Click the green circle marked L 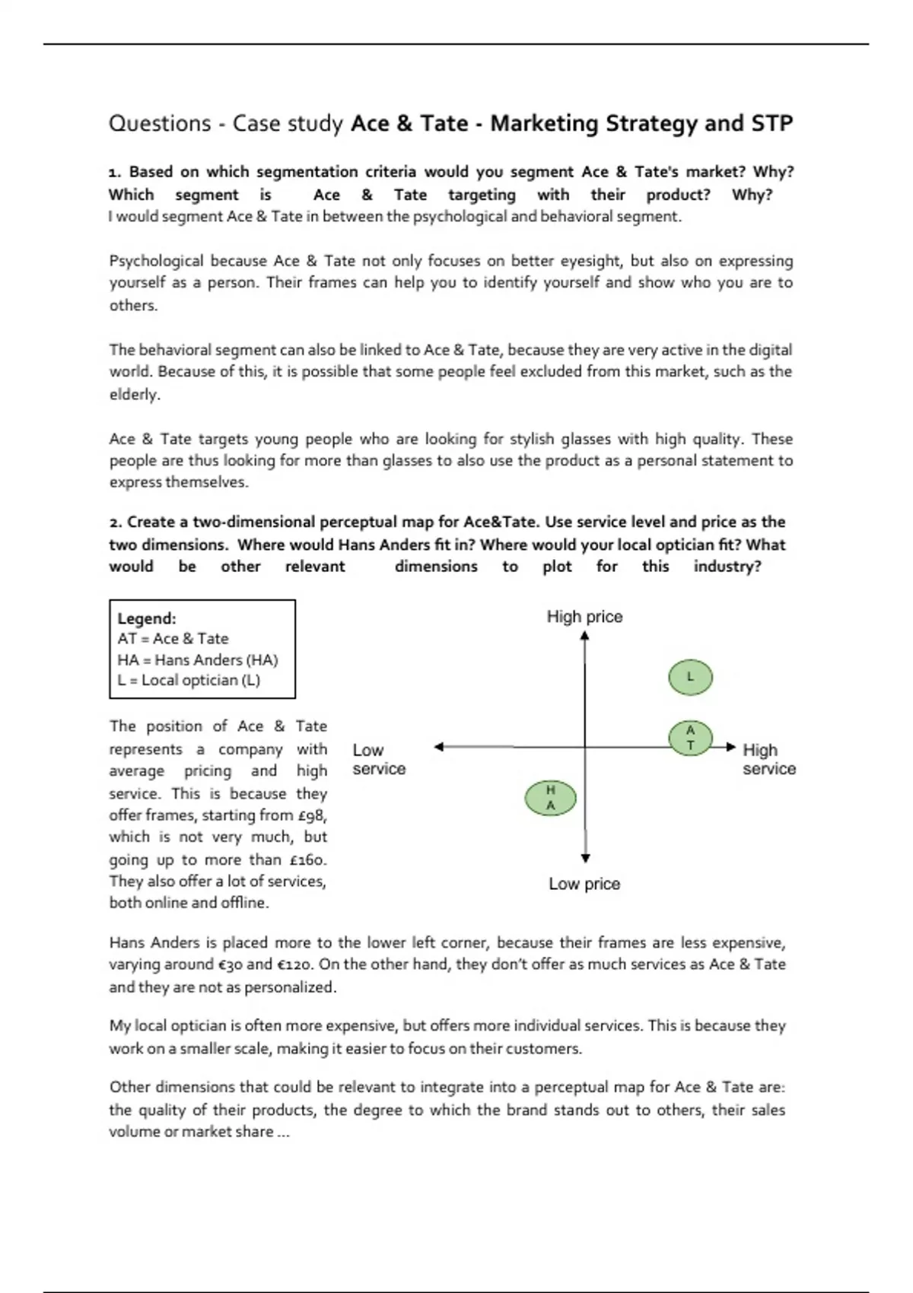[690, 677]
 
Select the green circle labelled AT [690, 738]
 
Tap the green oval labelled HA [550, 798]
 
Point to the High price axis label [584, 617]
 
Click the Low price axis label [584, 884]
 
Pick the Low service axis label [379, 759]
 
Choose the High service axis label [768, 759]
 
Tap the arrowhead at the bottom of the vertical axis [585, 858]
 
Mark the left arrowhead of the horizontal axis [439, 747]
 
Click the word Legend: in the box [147, 618]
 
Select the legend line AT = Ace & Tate [173, 639]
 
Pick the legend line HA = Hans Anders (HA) [198, 659]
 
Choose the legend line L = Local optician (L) [189, 680]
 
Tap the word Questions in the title [160, 123]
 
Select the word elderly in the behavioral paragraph [134, 394]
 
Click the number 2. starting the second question [116, 523]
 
